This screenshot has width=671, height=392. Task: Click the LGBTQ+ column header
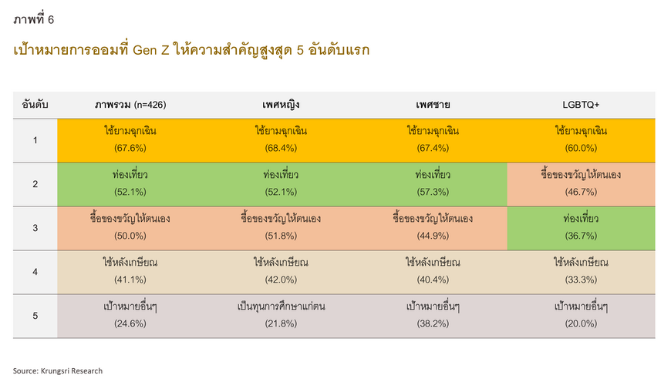point(581,105)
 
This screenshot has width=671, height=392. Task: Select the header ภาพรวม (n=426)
point(130,105)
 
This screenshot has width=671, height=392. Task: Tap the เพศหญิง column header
point(281,105)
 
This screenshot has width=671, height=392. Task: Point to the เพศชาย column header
point(433,105)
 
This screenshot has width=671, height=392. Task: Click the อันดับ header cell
point(35,105)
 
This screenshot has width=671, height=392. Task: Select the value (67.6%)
point(130,149)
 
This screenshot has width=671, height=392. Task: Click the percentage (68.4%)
point(281,149)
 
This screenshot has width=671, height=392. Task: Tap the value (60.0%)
point(581,149)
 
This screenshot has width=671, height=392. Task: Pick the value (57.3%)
point(433,192)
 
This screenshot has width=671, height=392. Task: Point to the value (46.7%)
point(581,192)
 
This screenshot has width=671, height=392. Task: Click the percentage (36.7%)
point(581,236)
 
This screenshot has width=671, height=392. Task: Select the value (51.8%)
point(281,236)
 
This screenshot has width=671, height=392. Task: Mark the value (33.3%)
point(581,280)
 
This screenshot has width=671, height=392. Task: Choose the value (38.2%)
point(433,323)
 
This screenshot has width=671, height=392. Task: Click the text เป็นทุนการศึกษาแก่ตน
point(281,307)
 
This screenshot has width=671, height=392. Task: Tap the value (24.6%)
point(130,323)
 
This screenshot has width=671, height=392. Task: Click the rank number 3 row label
point(35,228)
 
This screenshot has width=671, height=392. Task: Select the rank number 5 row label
point(35,316)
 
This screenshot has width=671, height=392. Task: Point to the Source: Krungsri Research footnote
point(58,371)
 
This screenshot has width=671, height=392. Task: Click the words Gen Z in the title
point(151,50)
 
